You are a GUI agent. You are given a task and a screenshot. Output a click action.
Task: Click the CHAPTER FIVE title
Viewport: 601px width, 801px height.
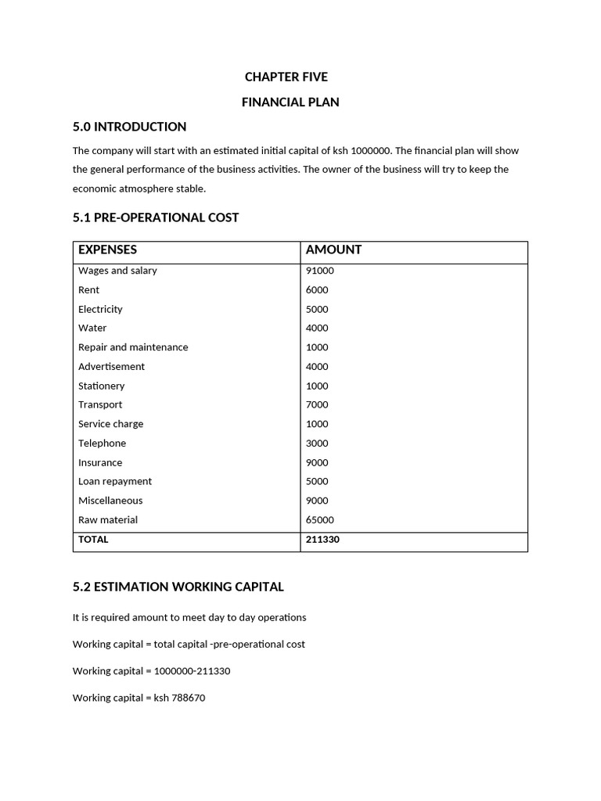click(286, 77)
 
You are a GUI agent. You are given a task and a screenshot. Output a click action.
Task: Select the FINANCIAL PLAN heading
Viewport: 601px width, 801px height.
click(290, 102)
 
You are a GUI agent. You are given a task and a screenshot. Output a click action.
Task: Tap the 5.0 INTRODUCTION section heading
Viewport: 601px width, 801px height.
click(129, 127)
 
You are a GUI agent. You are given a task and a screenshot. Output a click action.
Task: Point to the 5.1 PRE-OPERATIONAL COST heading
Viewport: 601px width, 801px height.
click(156, 217)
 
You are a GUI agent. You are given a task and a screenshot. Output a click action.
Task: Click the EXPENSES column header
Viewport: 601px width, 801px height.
click(107, 250)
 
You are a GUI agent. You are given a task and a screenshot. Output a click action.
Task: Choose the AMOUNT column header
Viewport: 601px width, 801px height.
click(333, 250)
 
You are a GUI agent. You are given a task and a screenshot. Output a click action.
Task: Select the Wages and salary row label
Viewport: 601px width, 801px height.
click(117, 271)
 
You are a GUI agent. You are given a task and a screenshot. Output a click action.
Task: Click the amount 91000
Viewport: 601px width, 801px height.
click(319, 271)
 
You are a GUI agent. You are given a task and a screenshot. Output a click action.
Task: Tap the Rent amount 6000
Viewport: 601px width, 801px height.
click(317, 289)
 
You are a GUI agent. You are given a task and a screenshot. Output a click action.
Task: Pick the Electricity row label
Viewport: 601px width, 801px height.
click(100, 309)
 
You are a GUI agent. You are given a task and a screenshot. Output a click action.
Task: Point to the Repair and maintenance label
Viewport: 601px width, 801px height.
click(133, 347)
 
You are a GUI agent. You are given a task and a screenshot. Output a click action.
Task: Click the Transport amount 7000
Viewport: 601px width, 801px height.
click(317, 404)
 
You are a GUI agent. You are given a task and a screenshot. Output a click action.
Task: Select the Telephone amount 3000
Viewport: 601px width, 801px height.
click(317, 443)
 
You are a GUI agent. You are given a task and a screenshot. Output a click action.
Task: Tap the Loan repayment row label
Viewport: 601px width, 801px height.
click(115, 481)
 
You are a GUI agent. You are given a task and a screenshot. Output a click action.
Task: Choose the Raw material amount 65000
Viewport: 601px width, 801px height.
click(319, 519)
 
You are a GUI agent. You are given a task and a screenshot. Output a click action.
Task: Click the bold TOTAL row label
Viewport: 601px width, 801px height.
click(93, 540)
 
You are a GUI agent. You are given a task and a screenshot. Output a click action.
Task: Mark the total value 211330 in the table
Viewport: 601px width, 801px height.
click(322, 540)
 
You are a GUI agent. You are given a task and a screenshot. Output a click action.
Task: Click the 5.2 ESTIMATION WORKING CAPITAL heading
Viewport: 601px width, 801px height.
click(178, 587)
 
